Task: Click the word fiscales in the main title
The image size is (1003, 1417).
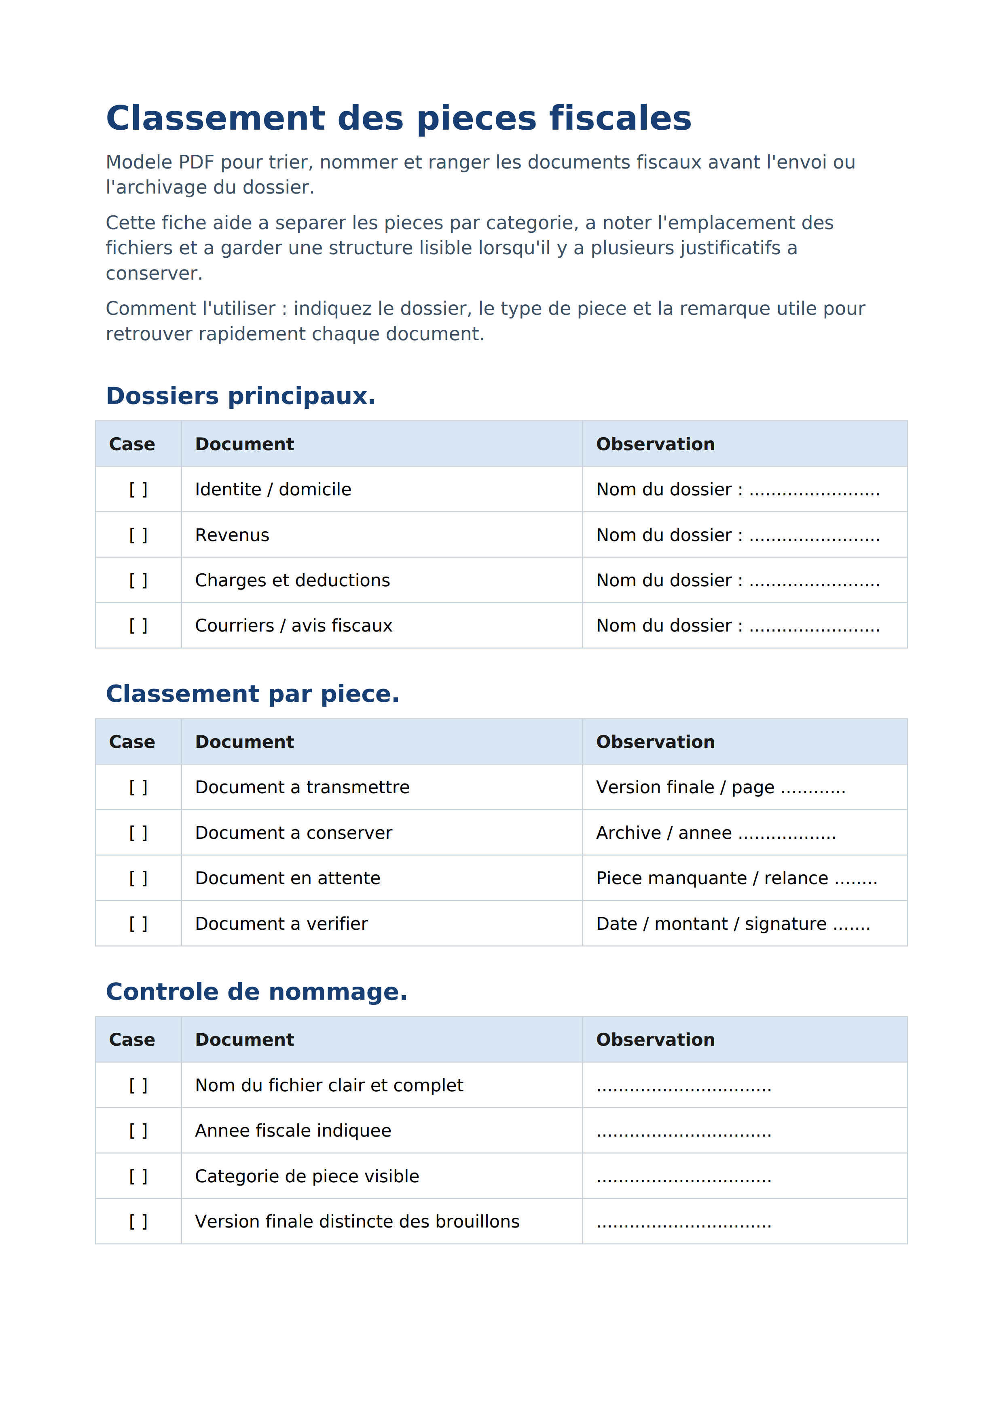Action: pos(620,118)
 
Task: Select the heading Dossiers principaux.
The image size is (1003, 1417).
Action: pos(241,396)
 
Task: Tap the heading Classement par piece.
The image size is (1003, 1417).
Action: pos(253,694)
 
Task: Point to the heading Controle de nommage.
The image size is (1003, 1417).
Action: pos(256,992)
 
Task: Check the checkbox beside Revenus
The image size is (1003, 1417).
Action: pos(138,535)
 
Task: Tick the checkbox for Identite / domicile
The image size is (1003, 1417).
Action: pos(138,489)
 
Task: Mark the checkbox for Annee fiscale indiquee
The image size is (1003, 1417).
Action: pos(138,1130)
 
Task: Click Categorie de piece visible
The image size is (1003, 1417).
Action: pos(307,1176)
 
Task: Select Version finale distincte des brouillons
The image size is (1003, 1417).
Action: pos(357,1221)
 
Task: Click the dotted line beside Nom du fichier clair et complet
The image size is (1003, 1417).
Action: pos(683,1086)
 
